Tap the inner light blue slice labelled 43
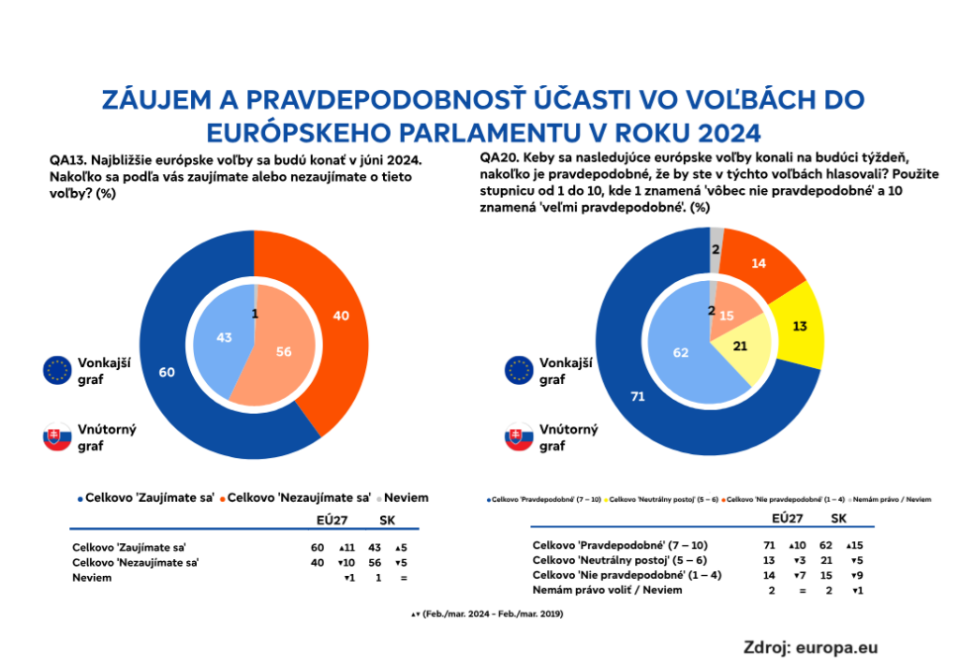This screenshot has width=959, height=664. [x=223, y=337]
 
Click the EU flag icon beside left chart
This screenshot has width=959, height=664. [x=58, y=370]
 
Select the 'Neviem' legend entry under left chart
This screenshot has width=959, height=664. [x=405, y=497]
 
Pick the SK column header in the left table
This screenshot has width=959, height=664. [x=386, y=521]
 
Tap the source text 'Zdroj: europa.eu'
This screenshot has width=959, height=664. [x=811, y=645]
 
